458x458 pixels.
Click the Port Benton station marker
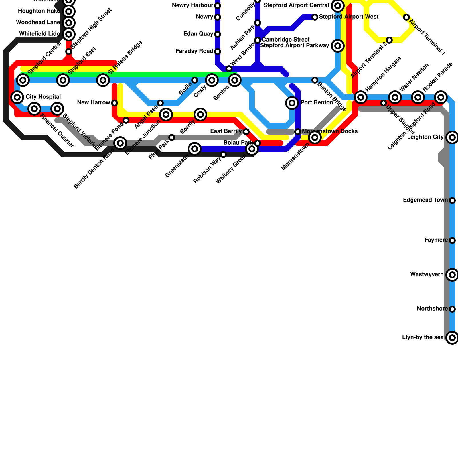292,103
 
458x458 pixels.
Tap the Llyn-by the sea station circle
452,338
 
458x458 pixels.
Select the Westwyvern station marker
452,275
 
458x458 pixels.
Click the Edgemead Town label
425,200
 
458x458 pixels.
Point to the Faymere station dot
452,240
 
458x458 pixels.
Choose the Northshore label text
432,309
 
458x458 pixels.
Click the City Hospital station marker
17,97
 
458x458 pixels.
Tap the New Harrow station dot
114,103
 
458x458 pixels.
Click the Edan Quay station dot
218,34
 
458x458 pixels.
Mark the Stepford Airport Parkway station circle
338,46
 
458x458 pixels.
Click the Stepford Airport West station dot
315,17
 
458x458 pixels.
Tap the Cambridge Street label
285,40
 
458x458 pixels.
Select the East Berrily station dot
246,132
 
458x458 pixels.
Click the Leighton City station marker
452,137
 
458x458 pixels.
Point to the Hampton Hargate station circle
361,97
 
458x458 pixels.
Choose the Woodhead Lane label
38,23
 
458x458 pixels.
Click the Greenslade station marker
195,149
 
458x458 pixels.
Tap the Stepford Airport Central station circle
338,6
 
